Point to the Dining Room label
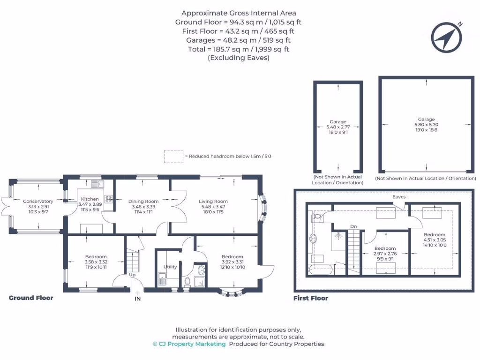point(143,201)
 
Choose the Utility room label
point(170,267)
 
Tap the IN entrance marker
point(137,298)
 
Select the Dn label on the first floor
point(353,227)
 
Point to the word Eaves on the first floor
point(399,197)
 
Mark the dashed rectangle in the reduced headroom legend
point(173,156)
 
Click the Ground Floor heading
point(31,298)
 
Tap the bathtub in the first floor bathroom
point(321,269)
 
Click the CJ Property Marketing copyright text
point(189,344)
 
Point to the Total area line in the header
point(239,49)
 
